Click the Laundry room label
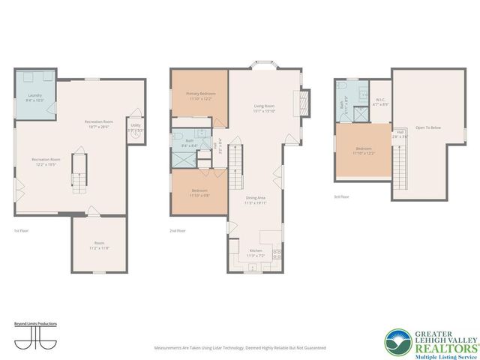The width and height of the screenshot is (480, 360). (34, 97)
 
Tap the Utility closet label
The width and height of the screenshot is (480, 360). (135, 128)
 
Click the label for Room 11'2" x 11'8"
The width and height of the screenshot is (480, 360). (99, 246)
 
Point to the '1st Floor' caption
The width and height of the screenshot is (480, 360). (21, 231)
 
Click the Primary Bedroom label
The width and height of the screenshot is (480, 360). (199, 95)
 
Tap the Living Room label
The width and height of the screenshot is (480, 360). (263, 109)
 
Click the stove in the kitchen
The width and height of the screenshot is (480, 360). (277, 253)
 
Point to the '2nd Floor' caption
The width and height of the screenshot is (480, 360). (178, 231)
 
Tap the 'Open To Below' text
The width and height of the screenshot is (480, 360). (429, 128)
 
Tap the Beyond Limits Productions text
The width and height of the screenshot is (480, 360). (35, 323)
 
